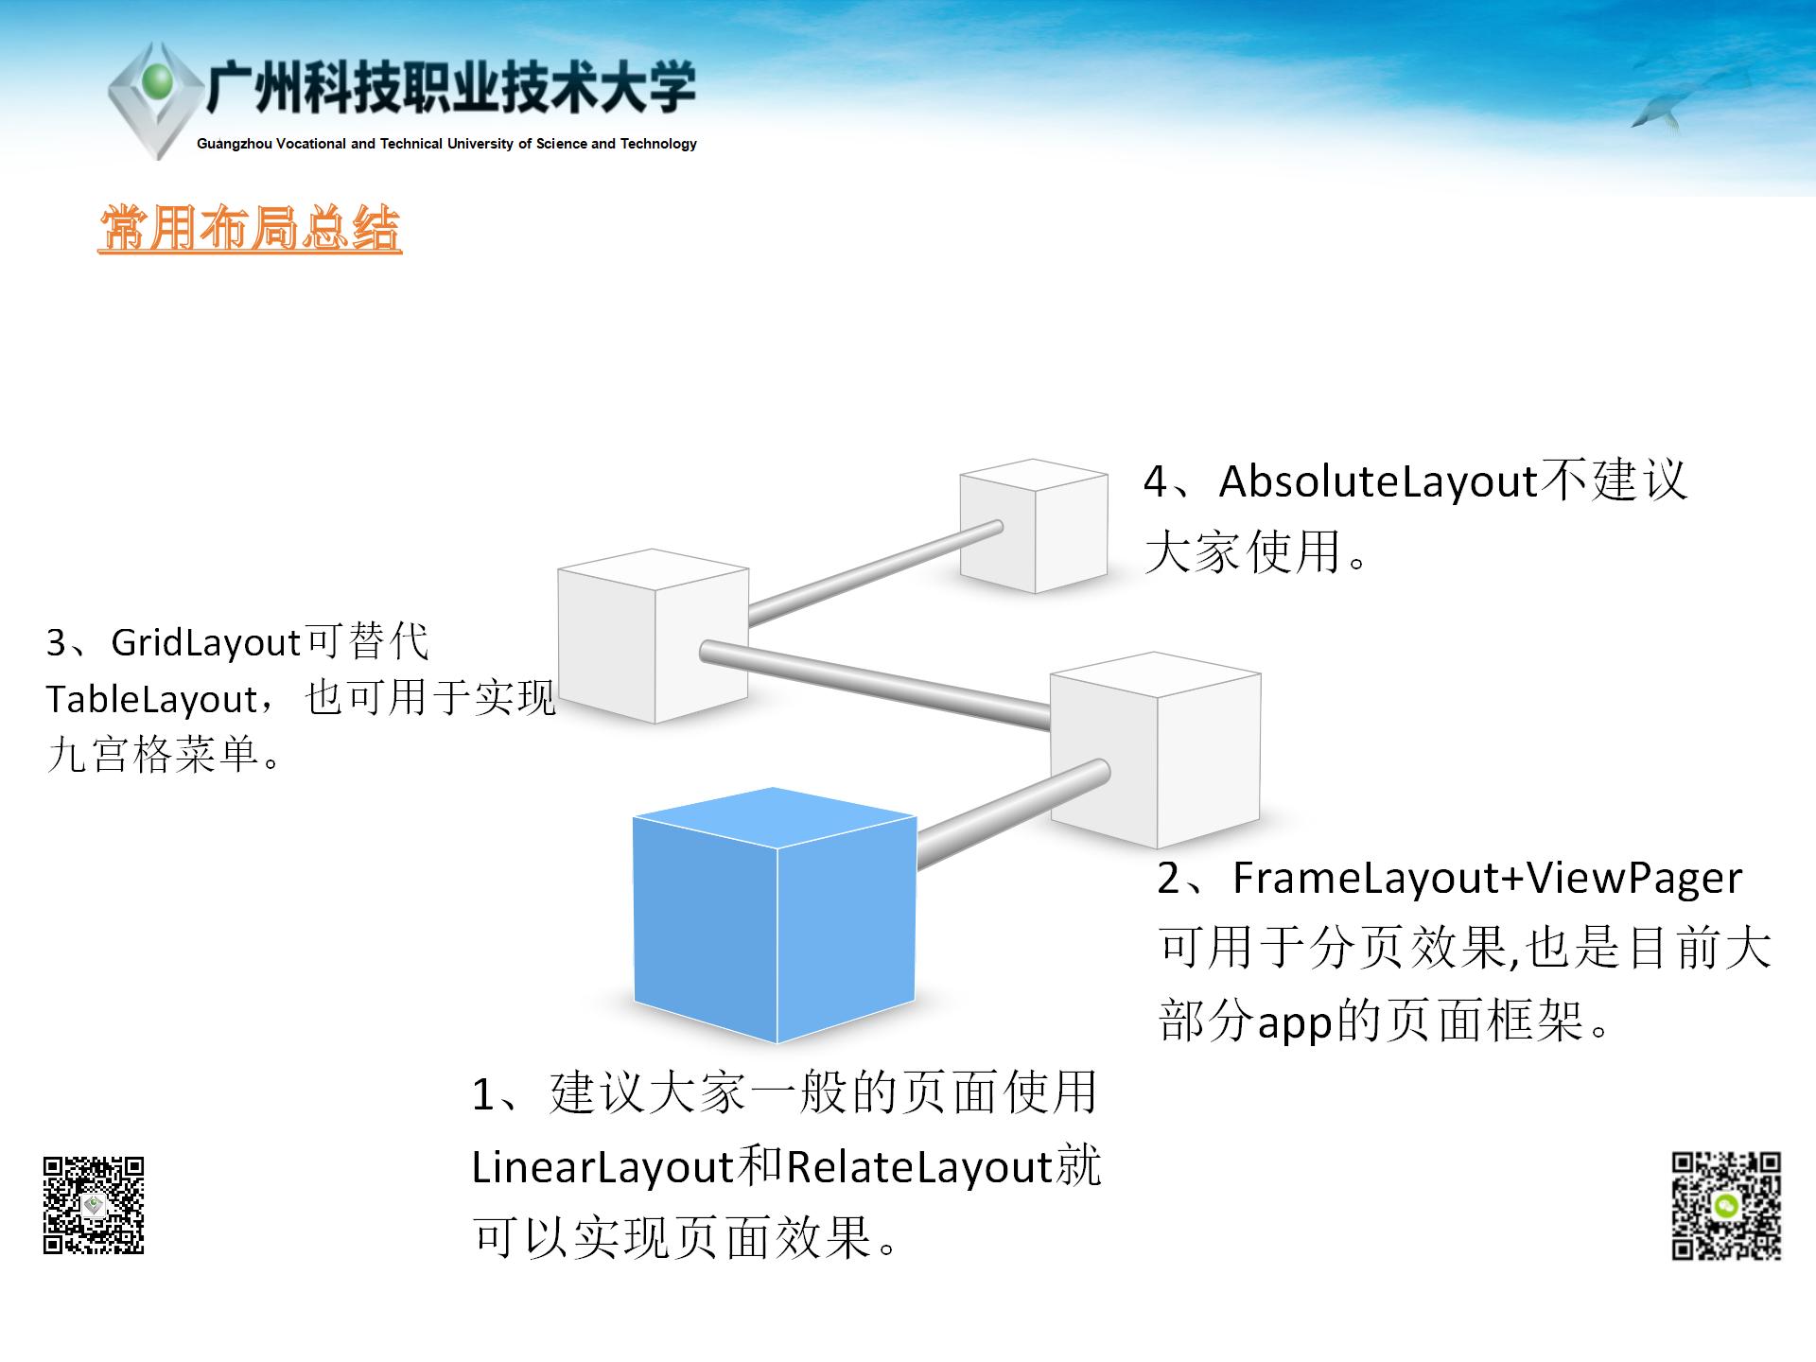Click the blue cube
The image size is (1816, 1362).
tap(775, 915)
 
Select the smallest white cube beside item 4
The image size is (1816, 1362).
tap(1034, 526)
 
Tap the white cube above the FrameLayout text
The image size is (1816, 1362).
tap(1156, 750)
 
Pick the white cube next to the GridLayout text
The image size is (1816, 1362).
tap(654, 636)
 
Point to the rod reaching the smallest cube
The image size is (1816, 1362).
tap(875, 573)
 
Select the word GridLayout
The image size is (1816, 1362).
tap(205, 643)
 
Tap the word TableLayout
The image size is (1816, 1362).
tap(151, 700)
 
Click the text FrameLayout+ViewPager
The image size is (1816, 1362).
tap(1487, 880)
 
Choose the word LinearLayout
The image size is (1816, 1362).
tap(602, 1167)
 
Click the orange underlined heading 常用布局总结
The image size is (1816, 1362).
tap(251, 229)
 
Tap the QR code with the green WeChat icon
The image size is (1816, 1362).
tap(1726, 1206)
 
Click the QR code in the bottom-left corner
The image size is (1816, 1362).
tap(94, 1205)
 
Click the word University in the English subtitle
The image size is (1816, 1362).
tap(480, 144)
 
